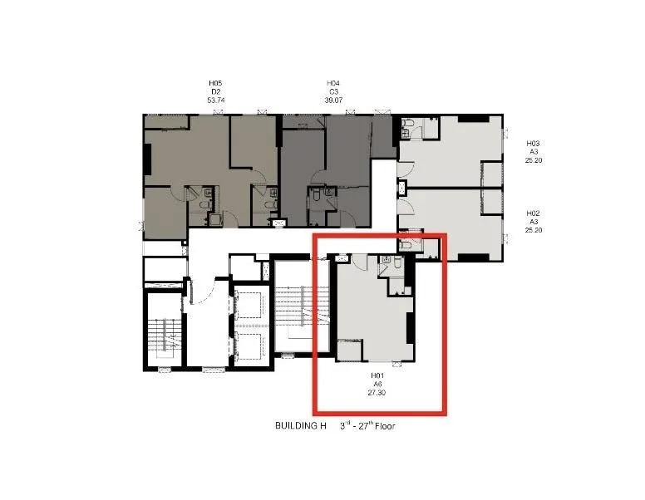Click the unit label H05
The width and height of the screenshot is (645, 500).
[215, 83]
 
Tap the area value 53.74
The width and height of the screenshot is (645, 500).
[216, 100]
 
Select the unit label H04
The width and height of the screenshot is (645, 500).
[333, 83]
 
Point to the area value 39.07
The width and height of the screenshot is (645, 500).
[333, 100]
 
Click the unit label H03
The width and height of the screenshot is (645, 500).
[533, 144]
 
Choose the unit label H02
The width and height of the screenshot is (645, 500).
[533, 213]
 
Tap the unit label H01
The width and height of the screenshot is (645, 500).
[377, 375]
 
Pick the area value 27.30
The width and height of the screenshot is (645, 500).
[377, 393]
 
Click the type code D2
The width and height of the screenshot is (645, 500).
[216, 91]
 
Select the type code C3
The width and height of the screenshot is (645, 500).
[333, 91]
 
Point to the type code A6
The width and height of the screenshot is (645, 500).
[377, 384]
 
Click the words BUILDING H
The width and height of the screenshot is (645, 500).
[301, 425]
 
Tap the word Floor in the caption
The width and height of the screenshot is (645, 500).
[385, 426]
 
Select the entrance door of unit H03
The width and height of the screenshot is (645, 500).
[405, 169]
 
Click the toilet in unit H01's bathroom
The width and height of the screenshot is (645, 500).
[398, 262]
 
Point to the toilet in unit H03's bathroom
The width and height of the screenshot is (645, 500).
[409, 124]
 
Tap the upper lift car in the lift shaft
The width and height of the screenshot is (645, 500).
[249, 305]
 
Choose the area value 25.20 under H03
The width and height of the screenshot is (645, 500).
[533, 160]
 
